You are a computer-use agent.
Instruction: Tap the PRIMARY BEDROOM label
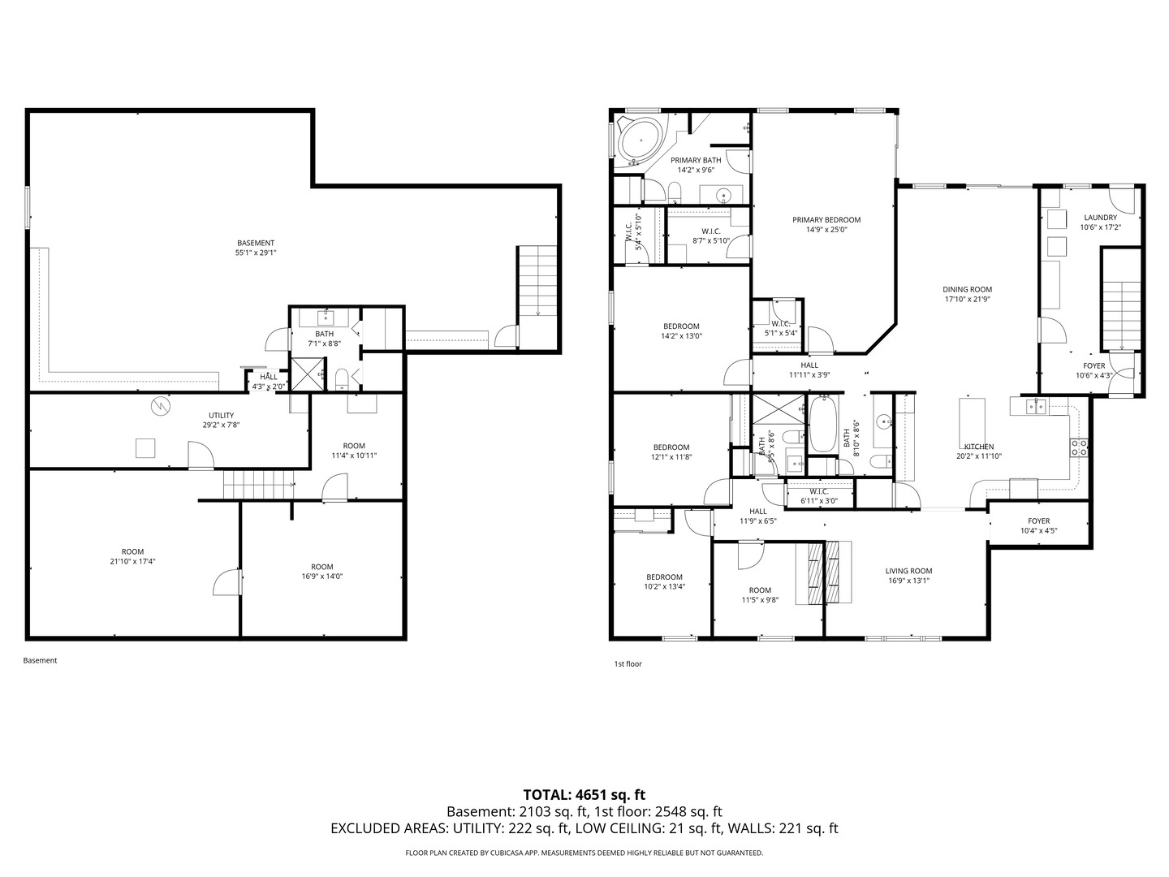(x=826, y=220)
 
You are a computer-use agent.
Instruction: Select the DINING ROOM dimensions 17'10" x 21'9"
(x=967, y=299)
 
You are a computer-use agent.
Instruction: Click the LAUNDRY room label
(x=1100, y=218)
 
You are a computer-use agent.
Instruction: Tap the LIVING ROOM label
(x=908, y=571)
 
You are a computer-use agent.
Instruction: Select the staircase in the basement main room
(x=537, y=281)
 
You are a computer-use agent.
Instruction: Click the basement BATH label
(x=324, y=334)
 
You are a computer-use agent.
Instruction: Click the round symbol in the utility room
(x=162, y=405)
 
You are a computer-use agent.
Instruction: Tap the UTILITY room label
(x=221, y=415)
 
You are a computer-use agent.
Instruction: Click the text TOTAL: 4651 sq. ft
(x=584, y=794)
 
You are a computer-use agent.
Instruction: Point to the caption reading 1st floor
(x=628, y=663)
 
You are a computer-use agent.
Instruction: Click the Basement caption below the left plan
(x=41, y=660)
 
